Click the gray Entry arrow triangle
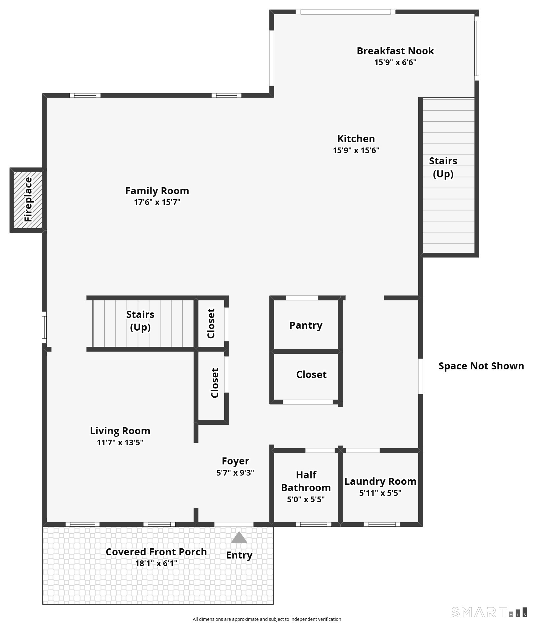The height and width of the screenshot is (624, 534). click(239, 537)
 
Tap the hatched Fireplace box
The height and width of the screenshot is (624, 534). click(28, 200)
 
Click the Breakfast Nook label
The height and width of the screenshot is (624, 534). click(395, 51)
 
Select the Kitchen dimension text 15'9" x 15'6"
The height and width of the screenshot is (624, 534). click(356, 150)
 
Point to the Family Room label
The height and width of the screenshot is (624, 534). click(157, 191)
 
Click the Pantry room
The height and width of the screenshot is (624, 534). click(306, 325)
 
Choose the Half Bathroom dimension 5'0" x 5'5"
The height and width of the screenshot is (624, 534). click(306, 499)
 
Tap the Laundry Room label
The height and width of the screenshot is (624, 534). click(380, 481)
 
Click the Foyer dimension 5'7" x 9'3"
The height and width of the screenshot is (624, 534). click(235, 473)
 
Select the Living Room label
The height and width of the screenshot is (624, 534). click(120, 431)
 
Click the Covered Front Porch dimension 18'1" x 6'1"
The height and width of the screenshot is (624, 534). click(156, 563)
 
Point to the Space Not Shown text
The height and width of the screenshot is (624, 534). click(481, 366)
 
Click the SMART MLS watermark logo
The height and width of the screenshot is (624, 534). click(489, 612)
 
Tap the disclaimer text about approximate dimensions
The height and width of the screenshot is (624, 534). click(267, 619)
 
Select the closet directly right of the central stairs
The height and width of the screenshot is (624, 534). click(211, 323)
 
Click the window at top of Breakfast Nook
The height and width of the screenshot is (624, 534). click(345, 12)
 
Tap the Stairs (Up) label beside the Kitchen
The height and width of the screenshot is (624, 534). click(443, 167)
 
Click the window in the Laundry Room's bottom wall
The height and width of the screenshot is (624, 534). click(382, 524)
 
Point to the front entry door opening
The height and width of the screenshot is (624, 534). click(234, 524)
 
